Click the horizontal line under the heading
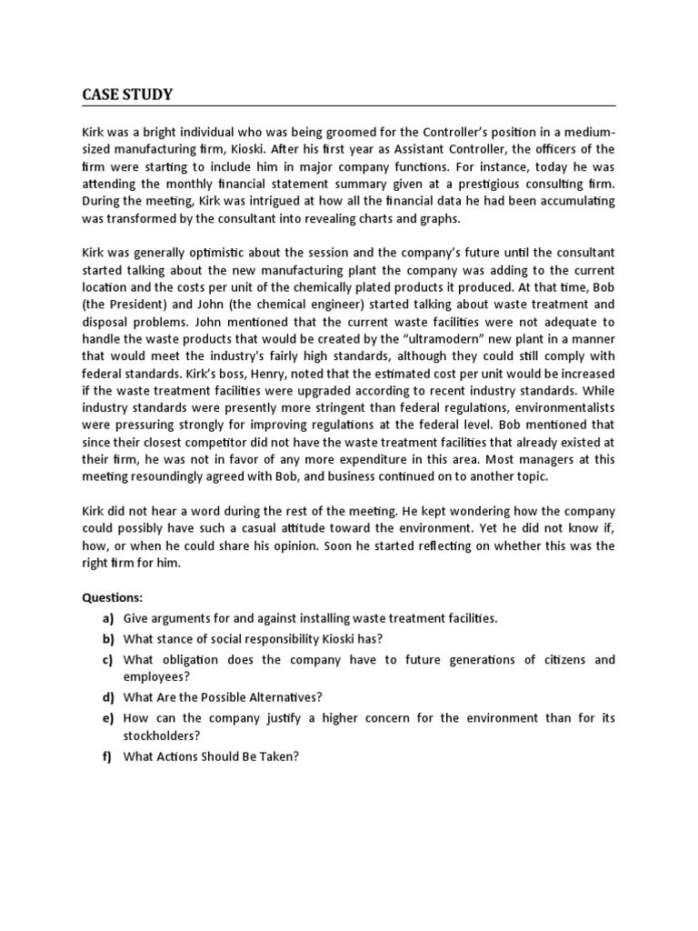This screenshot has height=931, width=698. tap(349, 105)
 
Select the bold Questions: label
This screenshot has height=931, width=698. tap(113, 598)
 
